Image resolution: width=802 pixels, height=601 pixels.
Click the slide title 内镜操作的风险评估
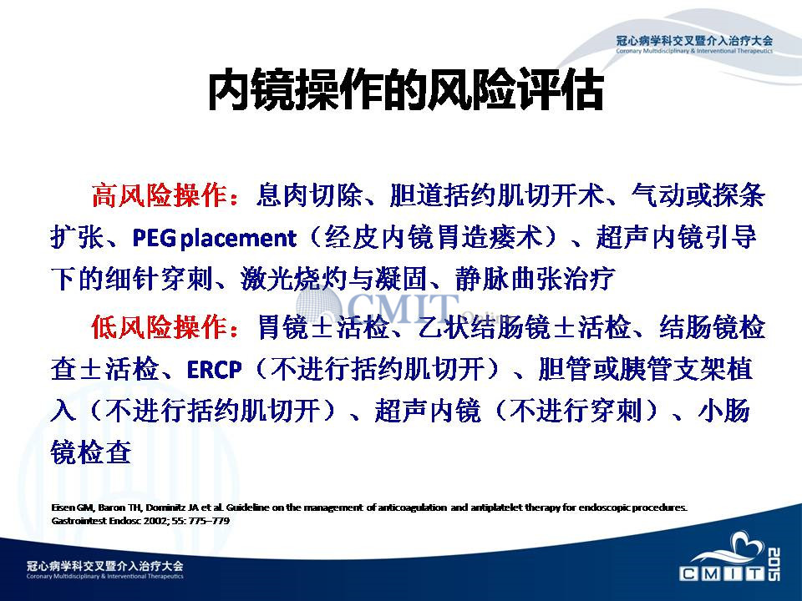click(406, 90)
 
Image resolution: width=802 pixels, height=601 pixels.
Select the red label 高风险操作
click(160, 195)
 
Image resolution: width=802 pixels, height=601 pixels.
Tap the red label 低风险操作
click(160, 326)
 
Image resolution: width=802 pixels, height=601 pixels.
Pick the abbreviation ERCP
click(215, 370)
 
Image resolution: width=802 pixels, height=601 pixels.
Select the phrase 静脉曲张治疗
click(535, 280)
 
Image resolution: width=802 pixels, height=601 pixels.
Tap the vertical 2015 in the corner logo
click(774, 564)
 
